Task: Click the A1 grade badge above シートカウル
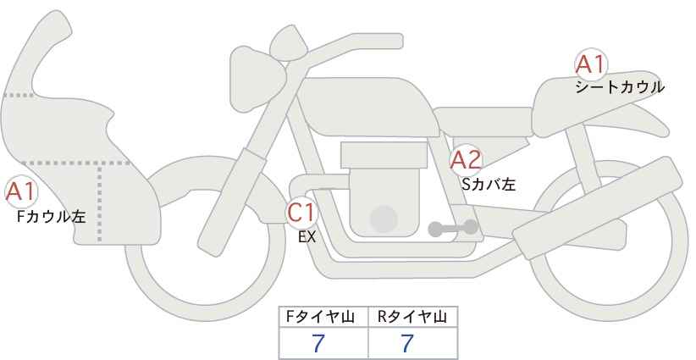(591, 65)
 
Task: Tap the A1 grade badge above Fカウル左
(21, 192)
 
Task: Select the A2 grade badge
(466, 160)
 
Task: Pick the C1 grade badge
(301, 213)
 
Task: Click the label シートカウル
(620, 87)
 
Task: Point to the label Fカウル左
(51, 217)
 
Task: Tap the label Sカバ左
(489, 184)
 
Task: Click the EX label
(307, 237)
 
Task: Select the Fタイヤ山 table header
(320, 317)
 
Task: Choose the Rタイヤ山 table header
(412, 317)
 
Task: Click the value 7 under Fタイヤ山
(318, 343)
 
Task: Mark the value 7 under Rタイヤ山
(407, 343)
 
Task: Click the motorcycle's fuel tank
(366, 107)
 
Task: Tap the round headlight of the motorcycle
(257, 79)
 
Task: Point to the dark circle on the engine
(384, 219)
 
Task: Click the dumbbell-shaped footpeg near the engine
(453, 228)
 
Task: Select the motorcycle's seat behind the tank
(483, 121)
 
